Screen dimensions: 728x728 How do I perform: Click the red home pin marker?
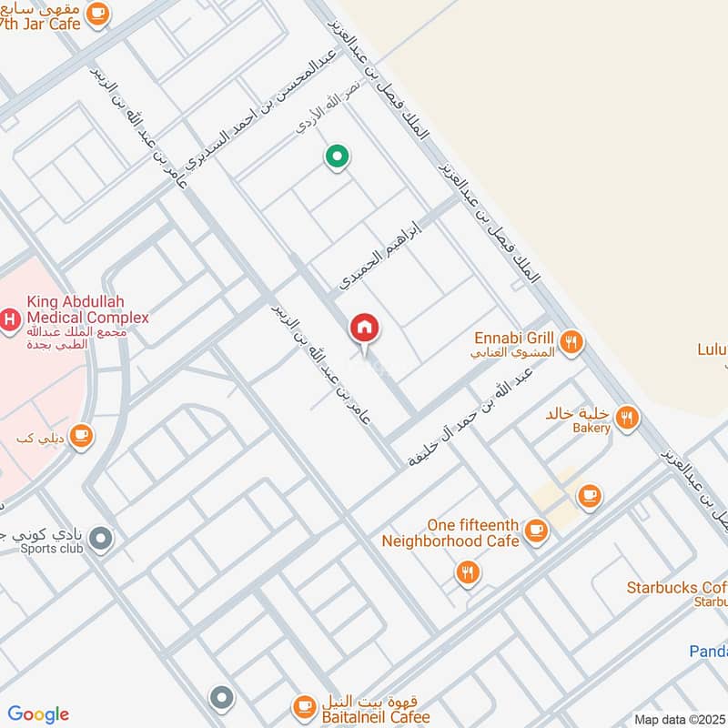pyautogui.click(x=364, y=328)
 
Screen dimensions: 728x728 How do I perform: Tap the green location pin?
pyautogui.click(x=338, y=157)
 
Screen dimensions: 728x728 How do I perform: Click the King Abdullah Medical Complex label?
pyautogui.click(x=87, y=309)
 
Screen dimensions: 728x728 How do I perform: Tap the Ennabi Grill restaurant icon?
pyautogui.click(x=571, y=342)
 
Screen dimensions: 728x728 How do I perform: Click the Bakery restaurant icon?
pyautogui.click(x=626, y=418)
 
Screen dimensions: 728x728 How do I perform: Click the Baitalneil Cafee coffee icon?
pyautogui.click(x=303, y=705)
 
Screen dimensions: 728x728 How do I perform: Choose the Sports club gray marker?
pyautogui.click(x=102, y=538)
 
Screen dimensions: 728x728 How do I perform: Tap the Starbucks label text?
pyautogui.click(x=676, y=588)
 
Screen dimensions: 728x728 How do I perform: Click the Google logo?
pyautogui.click(x=38, y=713)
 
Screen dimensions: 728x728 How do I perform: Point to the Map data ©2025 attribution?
pyautogui.click(x=679, y=719)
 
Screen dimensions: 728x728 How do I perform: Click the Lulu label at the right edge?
pyautogui.click(x=712, y=349)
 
